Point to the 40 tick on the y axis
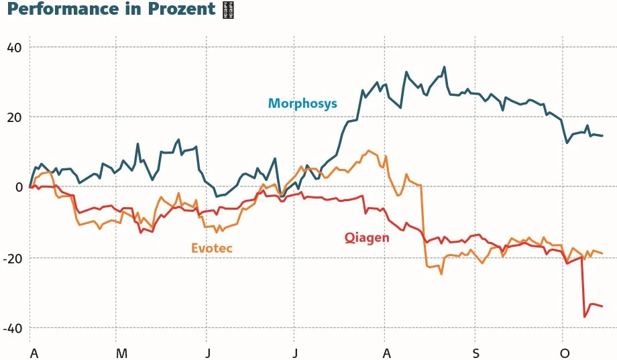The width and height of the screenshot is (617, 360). (15, 48)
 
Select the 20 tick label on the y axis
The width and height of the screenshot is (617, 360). (15, 117)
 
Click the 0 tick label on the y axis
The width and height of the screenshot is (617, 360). (19, 187)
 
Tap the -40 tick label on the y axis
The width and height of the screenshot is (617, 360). (13, 328)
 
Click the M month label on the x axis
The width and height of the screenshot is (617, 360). (121, 353)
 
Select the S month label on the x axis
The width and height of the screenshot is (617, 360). (475, 353)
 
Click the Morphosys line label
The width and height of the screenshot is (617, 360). (302, 103)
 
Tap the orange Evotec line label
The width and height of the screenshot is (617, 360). (212, 248)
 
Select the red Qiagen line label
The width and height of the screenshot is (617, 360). (367, 237)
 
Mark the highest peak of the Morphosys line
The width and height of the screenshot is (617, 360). (444, 67)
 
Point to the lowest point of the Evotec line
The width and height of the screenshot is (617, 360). (441, 274)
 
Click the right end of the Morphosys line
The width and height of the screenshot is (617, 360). (602, 135)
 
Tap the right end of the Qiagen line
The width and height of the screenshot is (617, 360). (602, 306)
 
